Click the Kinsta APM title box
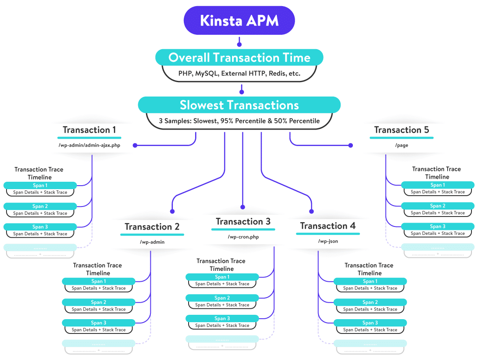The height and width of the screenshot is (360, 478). [239, 20]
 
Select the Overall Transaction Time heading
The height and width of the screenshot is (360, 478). [239, 57]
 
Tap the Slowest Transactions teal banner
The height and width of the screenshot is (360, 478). [239, 105]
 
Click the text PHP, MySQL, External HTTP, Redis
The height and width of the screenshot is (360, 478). [239, 73]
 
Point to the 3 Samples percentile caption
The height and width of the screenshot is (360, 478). [239, 121]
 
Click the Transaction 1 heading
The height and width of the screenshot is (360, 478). [89, 130]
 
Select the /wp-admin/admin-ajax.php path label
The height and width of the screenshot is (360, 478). [89, 145]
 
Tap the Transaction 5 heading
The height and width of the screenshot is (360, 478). [401, 130]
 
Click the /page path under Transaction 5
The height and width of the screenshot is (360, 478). [401, 145]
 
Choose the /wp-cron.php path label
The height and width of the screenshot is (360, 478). [243, 237]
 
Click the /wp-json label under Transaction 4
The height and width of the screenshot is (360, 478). [328, 241]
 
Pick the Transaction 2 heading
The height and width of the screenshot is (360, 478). [152, 227]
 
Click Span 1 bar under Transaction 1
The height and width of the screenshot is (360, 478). [40, 186]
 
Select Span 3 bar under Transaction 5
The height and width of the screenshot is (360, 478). [438, 227]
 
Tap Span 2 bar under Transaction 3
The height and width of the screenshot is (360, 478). [222, 298]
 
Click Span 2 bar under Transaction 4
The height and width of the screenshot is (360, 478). [370, 302]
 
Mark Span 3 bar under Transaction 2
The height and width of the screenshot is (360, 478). [99, 323]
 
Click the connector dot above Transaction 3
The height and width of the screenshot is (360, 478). [242, 207]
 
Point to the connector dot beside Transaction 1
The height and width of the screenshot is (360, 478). [135, 145]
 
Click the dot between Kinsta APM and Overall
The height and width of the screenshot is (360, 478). [239, 44]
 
